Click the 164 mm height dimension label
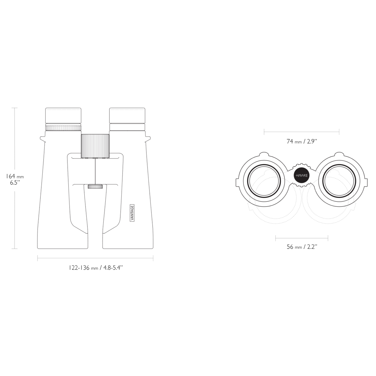[15, 176]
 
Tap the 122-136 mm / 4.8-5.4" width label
[96, 268]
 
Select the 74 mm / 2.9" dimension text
[301, 141]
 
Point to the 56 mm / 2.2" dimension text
[302, 247]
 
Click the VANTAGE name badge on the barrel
[132, 213]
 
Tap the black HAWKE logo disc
[301, 175]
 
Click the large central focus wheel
[95, 146]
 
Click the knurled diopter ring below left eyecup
[63, 128]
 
